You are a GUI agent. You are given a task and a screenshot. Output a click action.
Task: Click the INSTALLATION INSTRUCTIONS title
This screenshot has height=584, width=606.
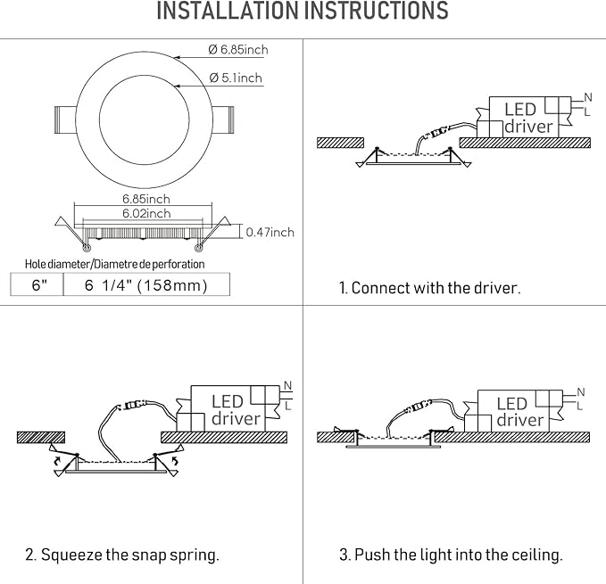pos(303,12)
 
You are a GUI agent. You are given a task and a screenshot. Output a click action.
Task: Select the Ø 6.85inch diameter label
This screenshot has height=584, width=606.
pos(238,50)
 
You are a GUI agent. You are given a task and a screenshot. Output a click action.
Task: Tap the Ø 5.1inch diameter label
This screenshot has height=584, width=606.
pos(236,78)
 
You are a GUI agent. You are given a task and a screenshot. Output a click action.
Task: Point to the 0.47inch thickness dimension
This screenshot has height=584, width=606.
pos(270,233)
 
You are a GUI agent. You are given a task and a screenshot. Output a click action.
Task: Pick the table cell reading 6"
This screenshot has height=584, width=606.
pos(37,285)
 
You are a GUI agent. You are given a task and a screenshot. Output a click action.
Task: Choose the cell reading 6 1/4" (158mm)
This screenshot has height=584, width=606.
pos(146,285)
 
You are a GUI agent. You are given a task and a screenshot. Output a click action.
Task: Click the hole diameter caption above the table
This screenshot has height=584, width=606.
pos(114,264)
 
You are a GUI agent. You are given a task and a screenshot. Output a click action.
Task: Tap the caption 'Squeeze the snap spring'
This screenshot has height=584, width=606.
pos(122,555)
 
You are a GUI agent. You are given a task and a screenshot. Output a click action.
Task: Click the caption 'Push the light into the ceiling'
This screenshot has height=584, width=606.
pos(451,555)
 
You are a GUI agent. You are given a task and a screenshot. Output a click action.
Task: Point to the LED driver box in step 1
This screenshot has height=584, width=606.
pos(527,117)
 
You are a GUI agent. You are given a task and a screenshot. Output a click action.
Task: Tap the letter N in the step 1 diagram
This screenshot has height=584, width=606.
pos(587,96)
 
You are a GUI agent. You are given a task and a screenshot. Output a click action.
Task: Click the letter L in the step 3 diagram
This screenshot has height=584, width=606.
pos(580,406)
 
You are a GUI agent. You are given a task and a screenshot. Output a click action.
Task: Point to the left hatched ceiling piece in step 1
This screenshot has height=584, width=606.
pos(340,142)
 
